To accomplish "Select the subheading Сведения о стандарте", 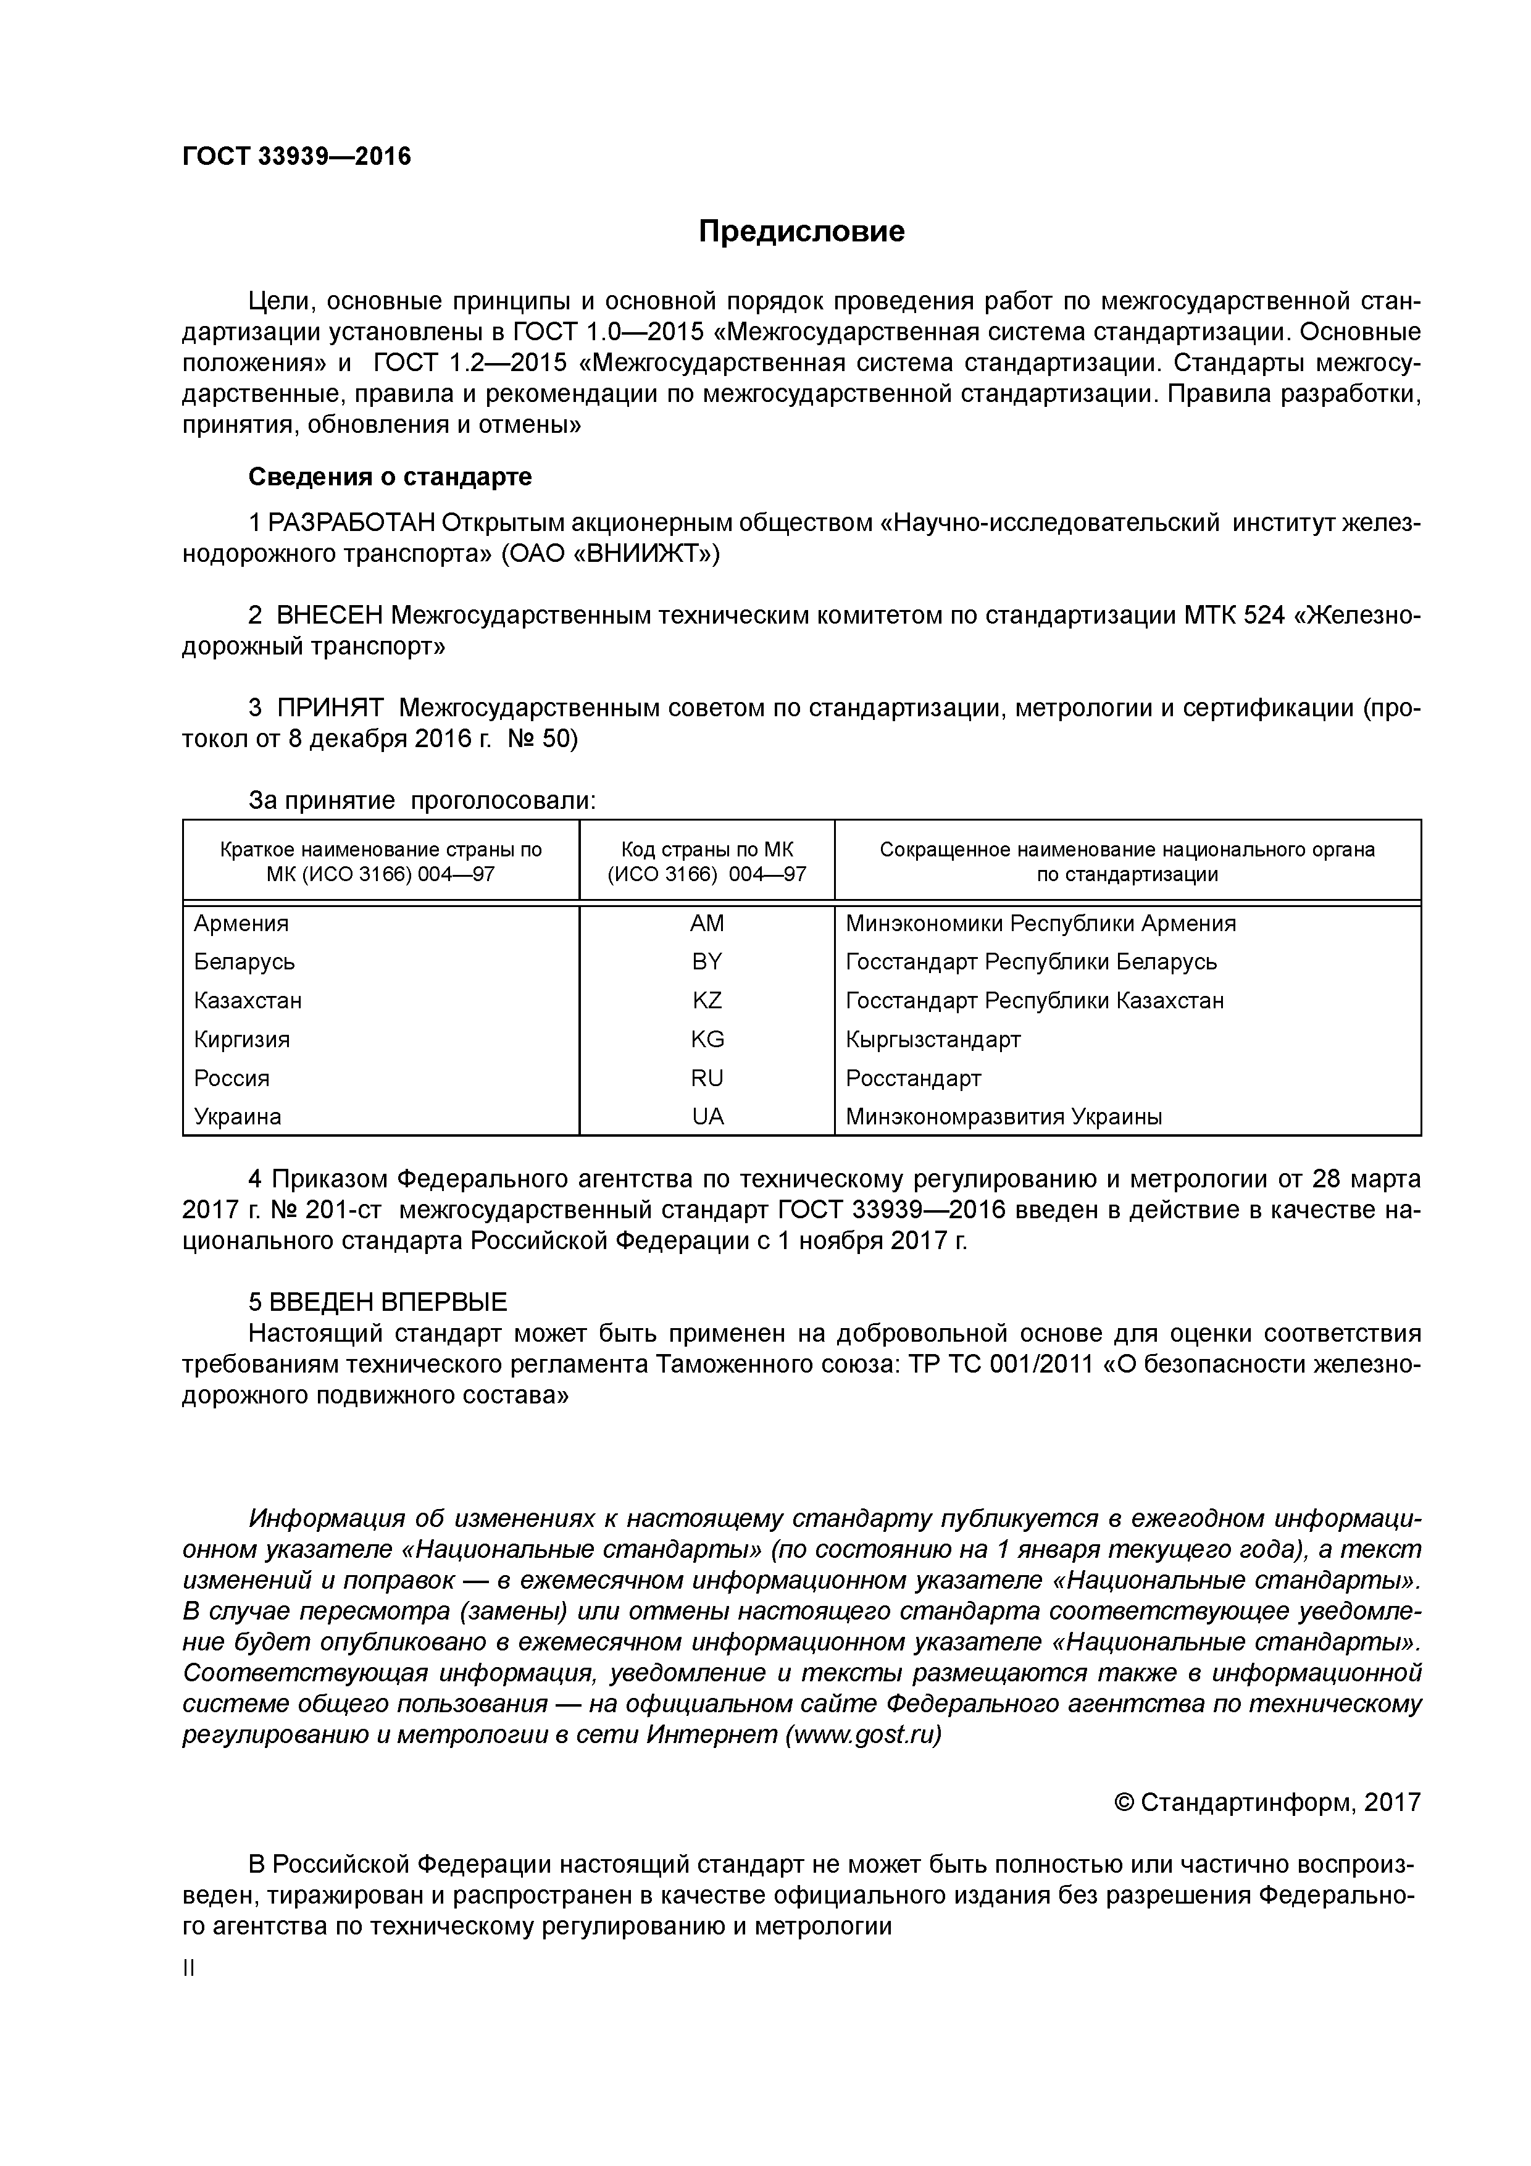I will (x=390, y=477).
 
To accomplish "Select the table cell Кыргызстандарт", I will (x=933, y=1040).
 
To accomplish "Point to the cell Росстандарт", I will (x=913, y=1078).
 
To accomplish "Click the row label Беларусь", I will (x=244, y=962).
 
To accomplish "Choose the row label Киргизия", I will (x=241, y=1040).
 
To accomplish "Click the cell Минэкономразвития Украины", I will (x=1004, y=1117).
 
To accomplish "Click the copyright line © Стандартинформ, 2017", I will (x=1267, y=1803).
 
